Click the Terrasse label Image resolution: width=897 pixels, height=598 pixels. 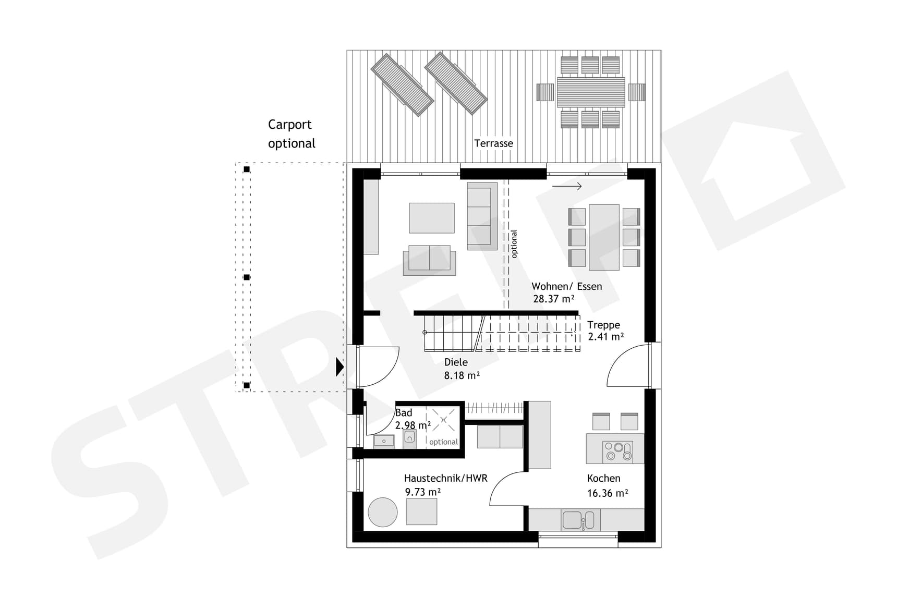[493, 143]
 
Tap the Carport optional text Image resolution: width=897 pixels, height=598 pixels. [292, 134]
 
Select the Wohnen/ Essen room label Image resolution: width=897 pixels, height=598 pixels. [566, 286]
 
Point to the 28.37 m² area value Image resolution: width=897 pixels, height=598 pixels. [553, 299]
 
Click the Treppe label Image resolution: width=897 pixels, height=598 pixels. [603, 325]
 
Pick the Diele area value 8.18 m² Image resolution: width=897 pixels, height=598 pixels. [462, 375]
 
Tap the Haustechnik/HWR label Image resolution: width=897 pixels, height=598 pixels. [445, 478]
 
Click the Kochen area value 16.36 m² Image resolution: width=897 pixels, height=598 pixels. [607, 493]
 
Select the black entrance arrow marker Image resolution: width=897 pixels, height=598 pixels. [340, 367]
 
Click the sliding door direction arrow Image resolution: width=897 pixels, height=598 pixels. [567, 186]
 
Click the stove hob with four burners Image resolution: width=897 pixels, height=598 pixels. [618, 451]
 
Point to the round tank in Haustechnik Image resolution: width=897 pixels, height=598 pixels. [383, 512]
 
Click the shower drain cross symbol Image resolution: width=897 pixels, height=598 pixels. [444, 420]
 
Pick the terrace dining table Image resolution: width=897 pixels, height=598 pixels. [591, 92]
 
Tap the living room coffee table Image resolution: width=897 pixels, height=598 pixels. [432, 218]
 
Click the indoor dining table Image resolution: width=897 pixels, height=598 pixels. [604, 237]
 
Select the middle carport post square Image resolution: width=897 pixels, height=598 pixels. [247, 277]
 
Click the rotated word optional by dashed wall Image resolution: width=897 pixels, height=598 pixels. [514, 244]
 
